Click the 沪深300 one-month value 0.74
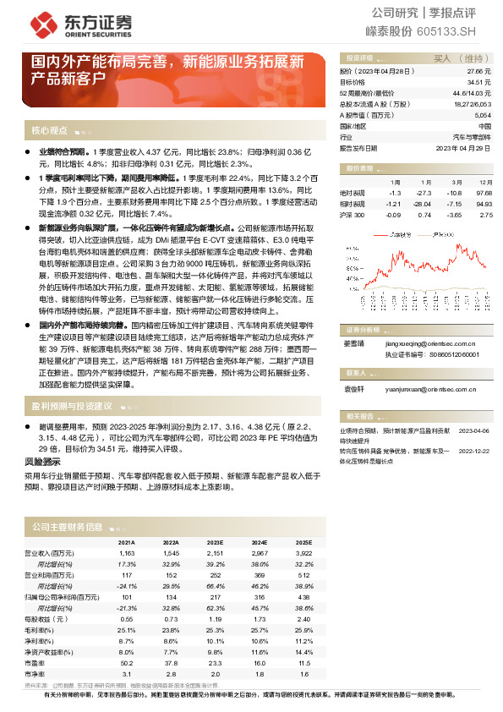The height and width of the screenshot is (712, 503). pos(424,215)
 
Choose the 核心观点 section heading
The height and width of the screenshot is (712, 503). pos(49,131)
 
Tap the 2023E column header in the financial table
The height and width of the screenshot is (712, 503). pos(216,541)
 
